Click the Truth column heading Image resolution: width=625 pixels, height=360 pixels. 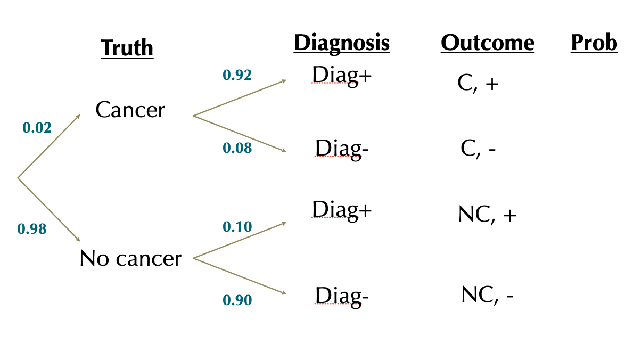pos(127,48)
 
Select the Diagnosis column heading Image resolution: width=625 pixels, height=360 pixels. pos(341,43)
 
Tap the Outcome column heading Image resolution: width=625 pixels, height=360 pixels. pos(487,43)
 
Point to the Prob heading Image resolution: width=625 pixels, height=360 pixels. pos(594,43)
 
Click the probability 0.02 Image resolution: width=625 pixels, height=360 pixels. pos(37,128)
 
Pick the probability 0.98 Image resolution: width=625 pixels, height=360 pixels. pos(32,229)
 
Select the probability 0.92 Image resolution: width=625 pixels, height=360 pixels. pos(237,75)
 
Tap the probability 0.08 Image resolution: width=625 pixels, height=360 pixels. pos(237,148)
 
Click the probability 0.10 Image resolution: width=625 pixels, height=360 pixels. pos(237,227)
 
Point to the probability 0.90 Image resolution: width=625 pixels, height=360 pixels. pos(237,300)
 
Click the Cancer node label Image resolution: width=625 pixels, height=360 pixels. pos(130,110)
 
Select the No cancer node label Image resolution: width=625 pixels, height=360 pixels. pos(130,259)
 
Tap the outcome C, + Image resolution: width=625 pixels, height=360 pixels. pos(478,84)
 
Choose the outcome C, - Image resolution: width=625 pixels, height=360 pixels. pos(478,150)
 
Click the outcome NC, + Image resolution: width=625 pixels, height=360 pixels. pos(487,215)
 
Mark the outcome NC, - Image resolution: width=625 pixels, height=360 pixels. pos(487,295)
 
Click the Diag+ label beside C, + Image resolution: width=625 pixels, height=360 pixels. pos(341,75)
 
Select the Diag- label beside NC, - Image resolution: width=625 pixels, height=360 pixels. pos(341,296)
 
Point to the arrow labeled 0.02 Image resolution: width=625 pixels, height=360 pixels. pos(49,146)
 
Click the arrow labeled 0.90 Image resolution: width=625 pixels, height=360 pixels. pos(240,276)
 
